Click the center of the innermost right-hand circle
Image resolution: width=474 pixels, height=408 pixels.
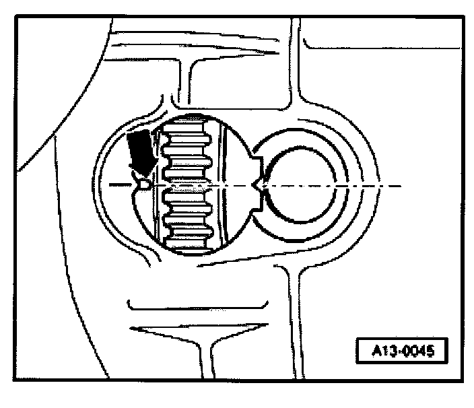click(x=299, y=183)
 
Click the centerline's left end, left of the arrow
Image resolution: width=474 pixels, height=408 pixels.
click(x=110, y=184)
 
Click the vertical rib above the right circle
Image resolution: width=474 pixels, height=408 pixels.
click(x=295, y=67)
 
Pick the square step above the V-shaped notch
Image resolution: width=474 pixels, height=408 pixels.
click(x=255, y=162)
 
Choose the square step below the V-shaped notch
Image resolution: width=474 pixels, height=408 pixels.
click(x=256, y=204)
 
